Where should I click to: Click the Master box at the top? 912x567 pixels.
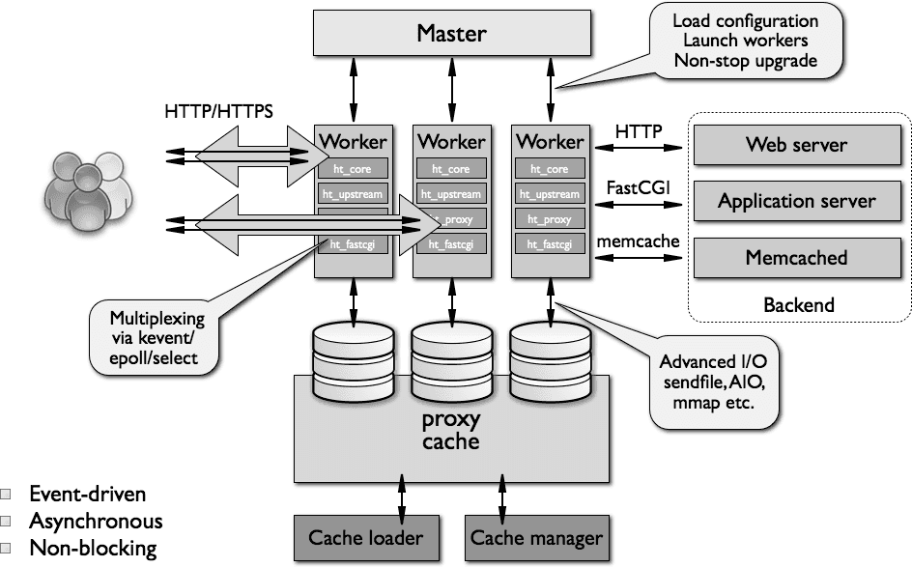pos(451,34)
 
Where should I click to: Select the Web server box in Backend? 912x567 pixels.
pos(796,145)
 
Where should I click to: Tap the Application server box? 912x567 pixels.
pos(796,201)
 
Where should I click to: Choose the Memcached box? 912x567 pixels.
pos(796,258)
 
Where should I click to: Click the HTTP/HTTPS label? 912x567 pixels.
pos(218,112)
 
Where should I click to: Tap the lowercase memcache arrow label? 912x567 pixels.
pos(639,241)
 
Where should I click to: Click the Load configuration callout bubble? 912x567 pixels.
pos(744,41)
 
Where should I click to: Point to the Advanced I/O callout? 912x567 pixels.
pos(715,383)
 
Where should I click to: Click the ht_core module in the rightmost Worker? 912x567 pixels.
pos(550,168)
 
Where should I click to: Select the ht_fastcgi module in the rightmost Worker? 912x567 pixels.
pos(550,244)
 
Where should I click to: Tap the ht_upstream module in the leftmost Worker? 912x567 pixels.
pos(354,194)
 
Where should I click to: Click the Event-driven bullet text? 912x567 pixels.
pos(88,495)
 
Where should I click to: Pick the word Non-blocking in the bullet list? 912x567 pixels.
pos(93,549)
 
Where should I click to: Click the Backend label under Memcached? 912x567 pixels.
pos(798,305)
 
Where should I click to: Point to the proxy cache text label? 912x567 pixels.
pos(451,431)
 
